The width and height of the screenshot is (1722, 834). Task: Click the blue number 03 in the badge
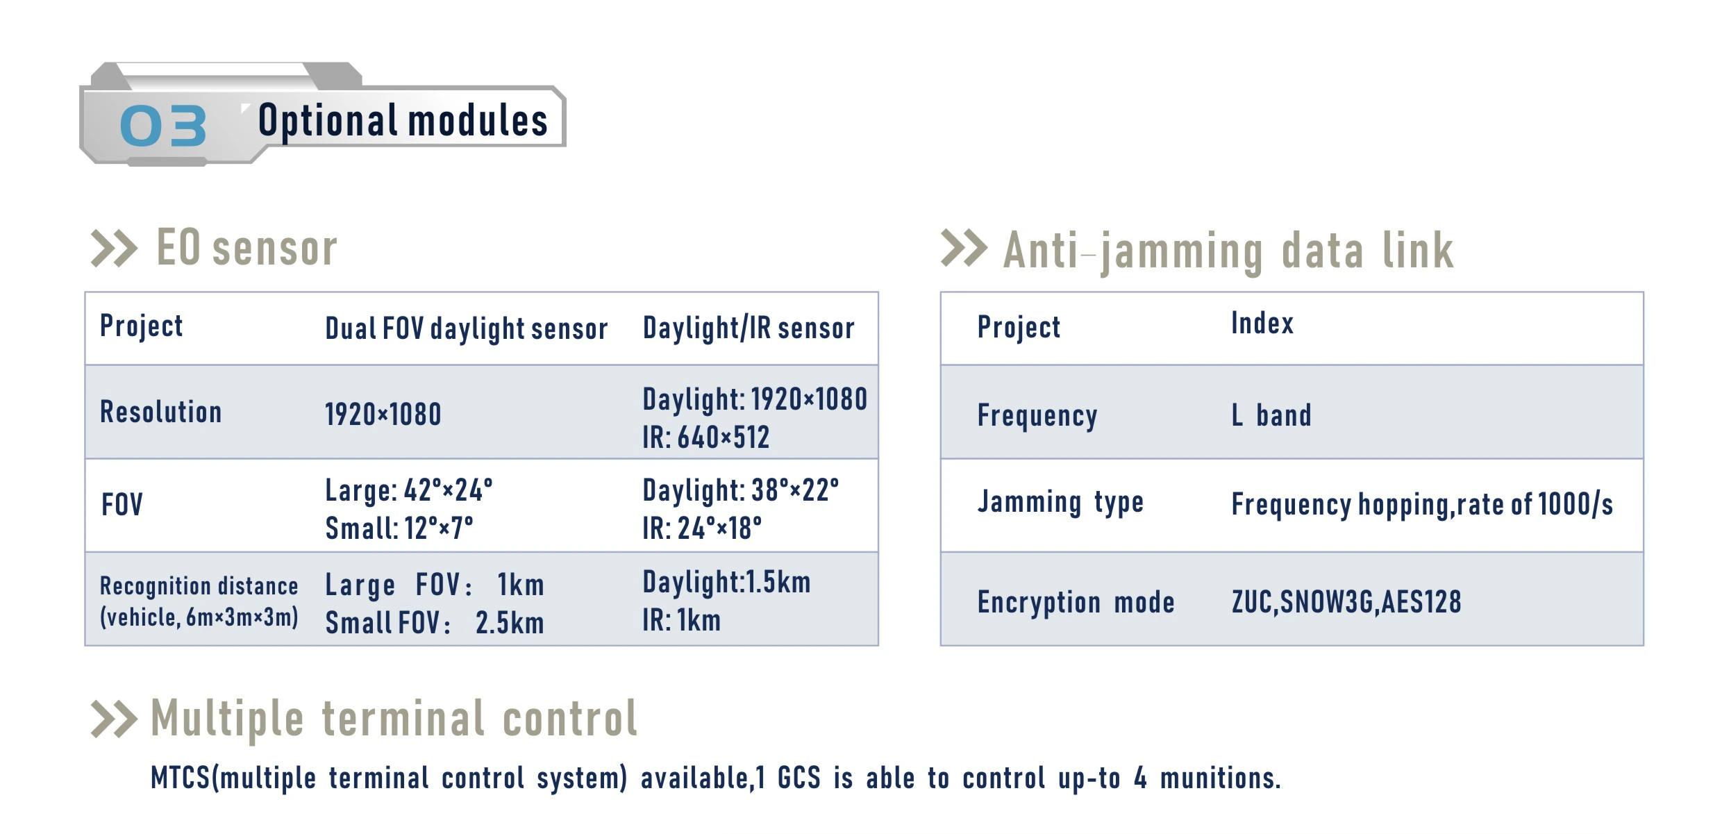pyautogui.click(x=163, y=126)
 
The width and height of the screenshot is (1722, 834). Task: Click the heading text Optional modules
pyautogui.click(x=403, y=121)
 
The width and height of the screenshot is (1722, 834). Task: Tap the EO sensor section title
pyautogui.click(x=246, y=248)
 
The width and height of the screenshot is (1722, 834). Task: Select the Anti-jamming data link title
pyautogui.click(x=1228, y=251)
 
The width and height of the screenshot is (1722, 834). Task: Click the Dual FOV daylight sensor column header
pyautogui.click(x=466, y=328)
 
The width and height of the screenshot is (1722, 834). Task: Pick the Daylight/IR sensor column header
pyautogui.click(x=749, y=328)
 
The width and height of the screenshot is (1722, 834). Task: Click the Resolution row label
pyautogui.click(x=160, y=412)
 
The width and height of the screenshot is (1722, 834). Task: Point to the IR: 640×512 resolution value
pyautogui.click(x=705, y=437)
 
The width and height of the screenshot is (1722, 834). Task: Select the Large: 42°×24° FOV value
pyautogui.click(x=409, y=490)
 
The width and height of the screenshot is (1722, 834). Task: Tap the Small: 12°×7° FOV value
pyautogui.click(x=399, y=528)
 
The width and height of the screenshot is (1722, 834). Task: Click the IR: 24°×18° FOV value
pyautogui.click(x=702, y=528)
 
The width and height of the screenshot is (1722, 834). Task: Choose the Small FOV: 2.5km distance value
pyautogui.click(x=435, y=623)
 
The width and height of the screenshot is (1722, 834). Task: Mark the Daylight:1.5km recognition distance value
pyautogui.click(x=726, y=582)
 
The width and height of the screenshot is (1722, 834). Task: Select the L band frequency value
pyautogui.click(x=1271, y=415)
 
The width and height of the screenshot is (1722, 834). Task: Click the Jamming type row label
pyautogui.click(x=1060, y=502)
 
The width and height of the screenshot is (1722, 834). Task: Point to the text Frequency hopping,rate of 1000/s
pyautogui.click(x=1422, y=505)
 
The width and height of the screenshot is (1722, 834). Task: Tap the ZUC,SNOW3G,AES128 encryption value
pyautogui.click(x=1346, y=602)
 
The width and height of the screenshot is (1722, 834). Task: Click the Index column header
pyautogui.click(x=1262, y=323)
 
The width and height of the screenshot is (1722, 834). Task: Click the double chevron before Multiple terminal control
pyautogui.click(x=114, y=719)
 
